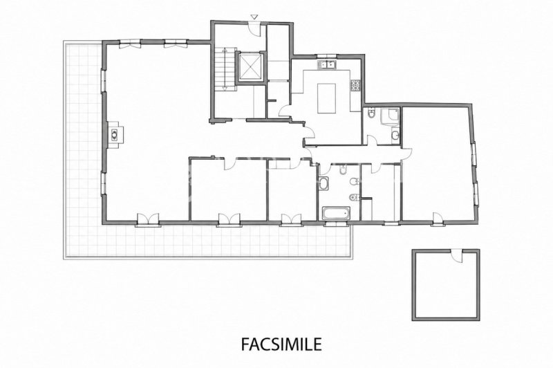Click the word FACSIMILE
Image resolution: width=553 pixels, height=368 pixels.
pyautogui.click(x=281, y=344)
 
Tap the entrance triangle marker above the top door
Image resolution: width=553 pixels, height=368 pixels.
pyautogui.click(x=254, y=17)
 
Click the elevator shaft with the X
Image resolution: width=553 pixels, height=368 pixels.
pyautogui.click(x=250, y=67)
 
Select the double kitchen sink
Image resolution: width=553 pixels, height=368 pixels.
pyautogui.click(x=326, y=64)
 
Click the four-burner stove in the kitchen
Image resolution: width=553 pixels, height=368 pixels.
pyautogui.click(x=355, y=85)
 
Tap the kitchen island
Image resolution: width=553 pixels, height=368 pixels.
pyautogui.click(x=326, y=98)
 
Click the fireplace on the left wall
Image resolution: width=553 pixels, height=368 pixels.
pyautogui.click(x=115, y=134)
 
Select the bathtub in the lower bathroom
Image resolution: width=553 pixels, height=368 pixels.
pyautogui.click(x=336, y=213)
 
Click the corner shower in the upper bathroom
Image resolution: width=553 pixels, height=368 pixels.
pyautogui.click(x=390, y=118)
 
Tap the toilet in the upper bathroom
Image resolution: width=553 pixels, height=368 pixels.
pyautogui.click(x=371, y=113)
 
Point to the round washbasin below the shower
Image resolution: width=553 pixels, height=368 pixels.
pyautogui.click(x=395, y=135)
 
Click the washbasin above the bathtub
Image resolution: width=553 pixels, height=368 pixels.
pyautogui.click(x=323, y=183)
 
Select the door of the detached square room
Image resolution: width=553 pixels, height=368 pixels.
pyautogui.click(x=457, y=256)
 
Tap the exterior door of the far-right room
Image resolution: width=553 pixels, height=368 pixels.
pyautogui.click(x=438, y=218)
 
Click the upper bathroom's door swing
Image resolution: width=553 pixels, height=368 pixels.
pyautogui.click(x=372, y=140)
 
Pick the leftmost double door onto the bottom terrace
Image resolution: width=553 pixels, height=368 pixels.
pyautogui.click(x=148, y=219)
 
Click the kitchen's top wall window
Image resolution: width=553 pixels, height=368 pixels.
pyautogui.click(x=327, y=57)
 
